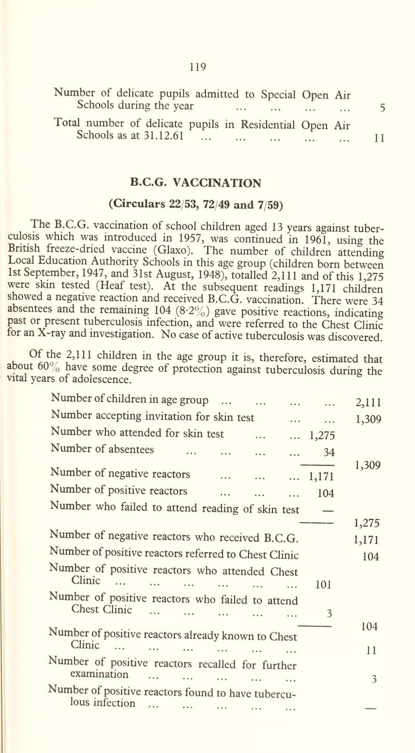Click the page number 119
pos(208,66)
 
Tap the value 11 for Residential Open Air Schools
pos(394,135)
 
